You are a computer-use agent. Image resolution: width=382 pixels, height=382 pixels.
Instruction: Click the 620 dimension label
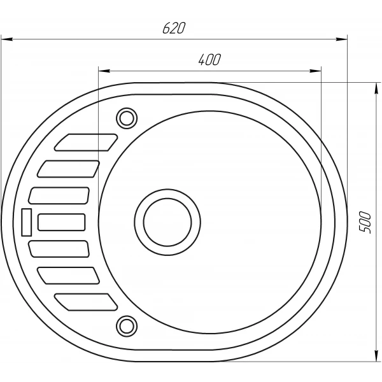tap(174, 28)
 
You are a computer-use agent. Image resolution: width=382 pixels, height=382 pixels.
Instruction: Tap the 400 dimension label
tap(209, 60)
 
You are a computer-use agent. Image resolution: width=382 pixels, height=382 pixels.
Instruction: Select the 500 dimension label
tap(365, 222)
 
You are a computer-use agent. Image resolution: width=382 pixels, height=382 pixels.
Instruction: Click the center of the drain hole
tap(167, 222)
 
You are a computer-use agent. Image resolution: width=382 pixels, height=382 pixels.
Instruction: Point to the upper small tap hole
tap(127, 118)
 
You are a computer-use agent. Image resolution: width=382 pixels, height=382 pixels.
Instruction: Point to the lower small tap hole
tap(127, 326)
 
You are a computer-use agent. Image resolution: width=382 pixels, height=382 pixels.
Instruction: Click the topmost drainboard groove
tap(86, 142)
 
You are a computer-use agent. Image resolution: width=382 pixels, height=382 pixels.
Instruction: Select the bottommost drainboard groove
tap(86, 302)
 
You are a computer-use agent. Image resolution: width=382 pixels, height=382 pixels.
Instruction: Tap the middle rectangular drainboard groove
tap(62, 222)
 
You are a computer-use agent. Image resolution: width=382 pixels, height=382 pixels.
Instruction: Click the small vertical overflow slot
tap(27, 222)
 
